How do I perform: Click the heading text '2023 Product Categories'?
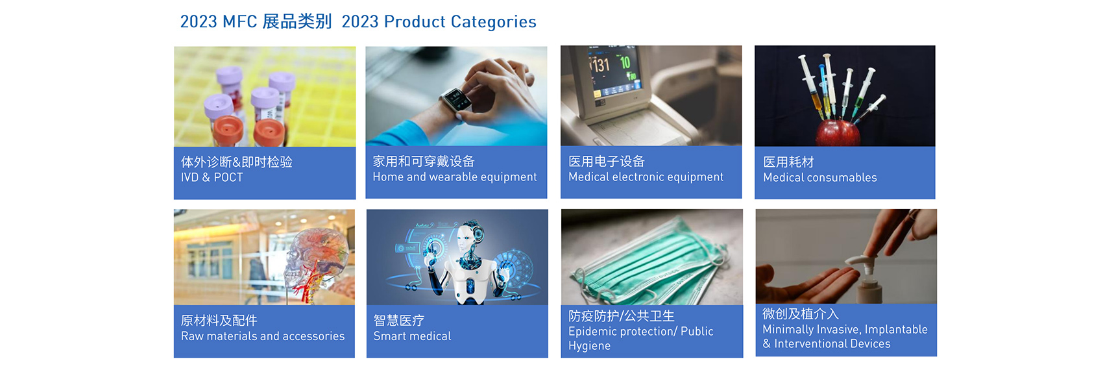(439, 22)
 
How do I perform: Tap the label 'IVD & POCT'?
(212, 177)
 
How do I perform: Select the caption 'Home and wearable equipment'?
(454, 177)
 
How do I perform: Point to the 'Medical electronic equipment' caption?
(646, 177)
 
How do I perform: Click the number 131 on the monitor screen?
(600, 65)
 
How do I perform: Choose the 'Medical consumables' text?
(820, 177)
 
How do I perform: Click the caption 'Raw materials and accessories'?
(263, 336)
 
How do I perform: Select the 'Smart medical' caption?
(412, 336)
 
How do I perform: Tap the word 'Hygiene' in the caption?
(589, 346)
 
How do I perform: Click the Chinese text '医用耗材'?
(788, 162)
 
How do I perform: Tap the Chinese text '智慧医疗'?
(399, 321)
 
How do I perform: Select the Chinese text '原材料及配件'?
(219, 321)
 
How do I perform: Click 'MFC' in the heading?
(239, 22)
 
